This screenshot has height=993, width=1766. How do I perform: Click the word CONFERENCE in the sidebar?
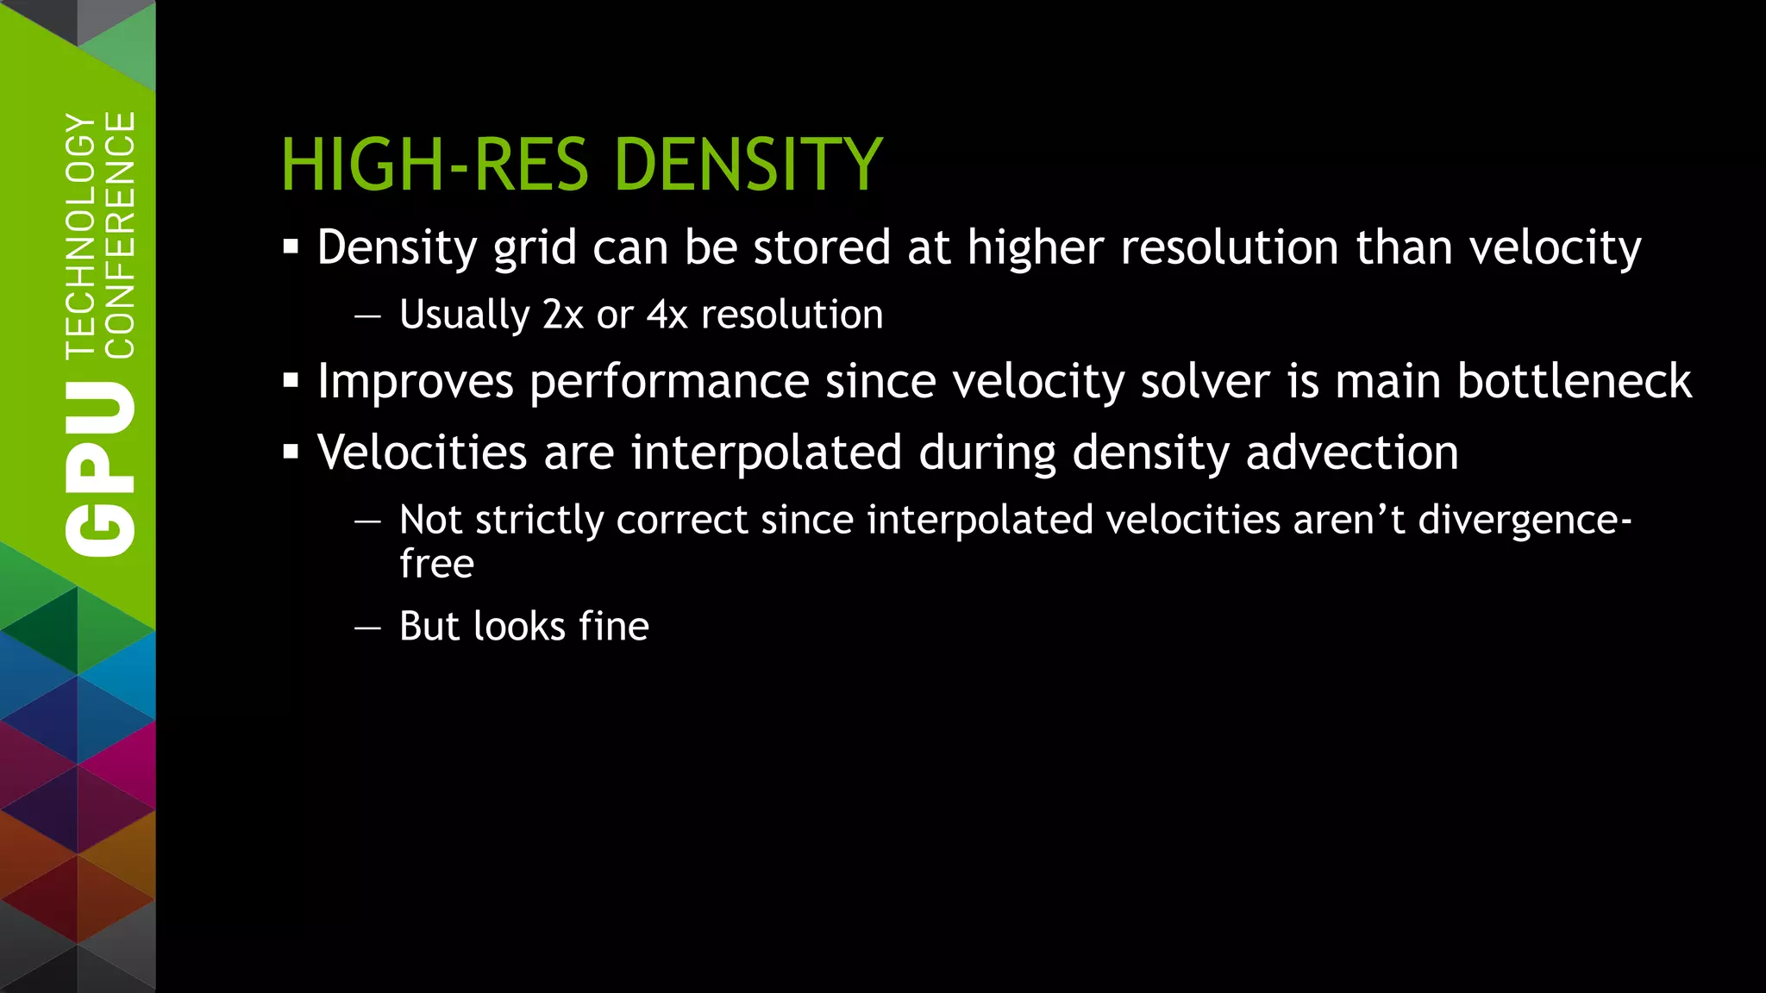pos(120,234)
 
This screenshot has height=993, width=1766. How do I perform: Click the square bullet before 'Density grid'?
pos(291,248)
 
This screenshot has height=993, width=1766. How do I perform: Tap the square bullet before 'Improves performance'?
pos(291,381)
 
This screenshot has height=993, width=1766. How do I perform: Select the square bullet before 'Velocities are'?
pos(291,452)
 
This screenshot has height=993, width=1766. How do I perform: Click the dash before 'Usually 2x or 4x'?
pos(367,316)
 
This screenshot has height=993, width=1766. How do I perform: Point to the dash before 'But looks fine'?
pos(367,628)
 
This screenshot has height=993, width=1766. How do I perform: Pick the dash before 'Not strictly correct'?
pos(367,521)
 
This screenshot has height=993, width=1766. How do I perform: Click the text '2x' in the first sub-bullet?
pos(563,315)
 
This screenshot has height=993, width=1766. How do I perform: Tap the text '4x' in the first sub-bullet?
pos(667,315)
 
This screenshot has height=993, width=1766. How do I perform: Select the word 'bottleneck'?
pos(1574,381)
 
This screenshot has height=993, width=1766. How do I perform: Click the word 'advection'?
pos(1351,452)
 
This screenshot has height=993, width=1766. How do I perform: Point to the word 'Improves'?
pos(416,383)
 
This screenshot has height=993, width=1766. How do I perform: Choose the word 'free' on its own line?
pos(436,564)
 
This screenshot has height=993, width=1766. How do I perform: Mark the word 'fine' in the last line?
pos(614,626)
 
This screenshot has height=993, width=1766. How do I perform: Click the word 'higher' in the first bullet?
pos(1035,248)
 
